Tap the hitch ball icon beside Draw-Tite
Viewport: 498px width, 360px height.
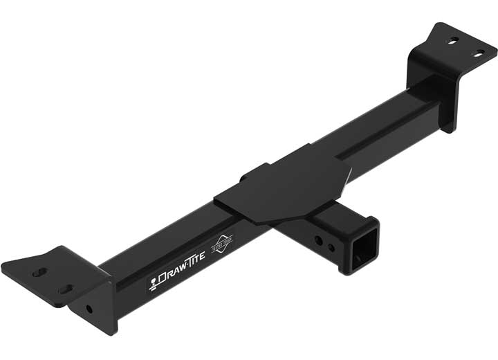pyautogui.click(x=154, y=284)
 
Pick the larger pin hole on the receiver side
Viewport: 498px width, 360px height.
pyautogui.click(x=318, y=240)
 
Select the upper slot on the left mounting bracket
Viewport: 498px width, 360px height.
pyautogui.click(x=40, y=272)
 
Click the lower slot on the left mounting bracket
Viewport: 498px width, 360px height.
pyautogui.click(x=65, y=289)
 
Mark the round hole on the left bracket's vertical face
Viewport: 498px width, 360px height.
pyautogui.click(x=90, y=309)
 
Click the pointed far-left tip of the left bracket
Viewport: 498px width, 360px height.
pyautogui.click(x=3, y=264)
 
